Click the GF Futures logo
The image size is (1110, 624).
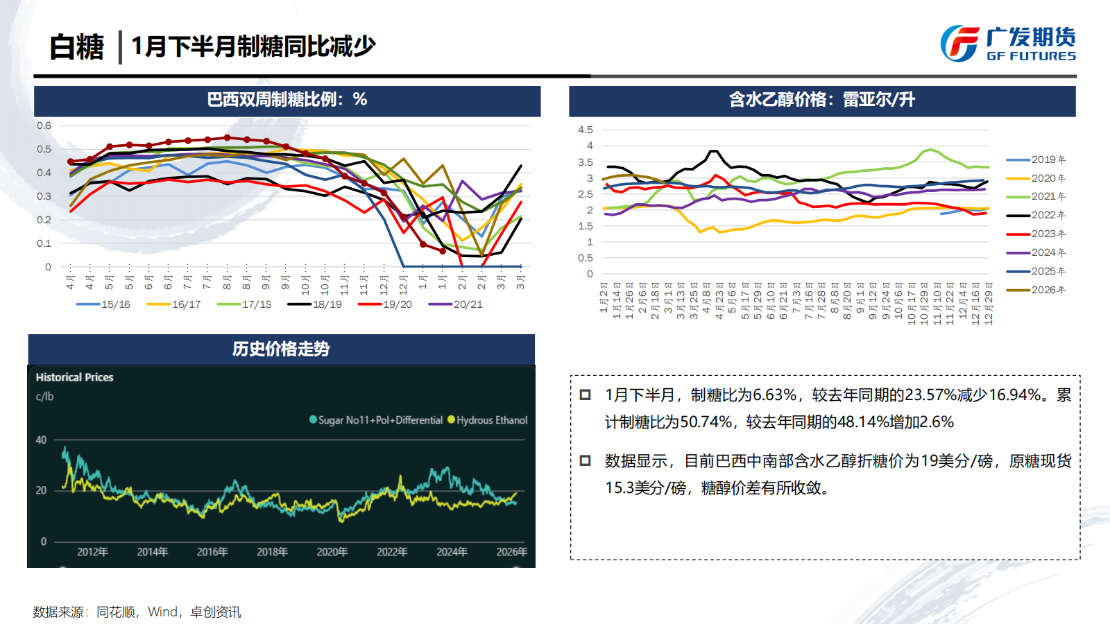coord(1007,44)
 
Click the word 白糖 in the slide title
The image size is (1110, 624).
coord(76,47)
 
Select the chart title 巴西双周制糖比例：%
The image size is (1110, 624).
coord(287,100)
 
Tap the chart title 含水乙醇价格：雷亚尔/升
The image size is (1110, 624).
coord(821,100)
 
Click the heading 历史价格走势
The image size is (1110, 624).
coord(280,349)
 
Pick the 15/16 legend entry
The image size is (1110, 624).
coord(103,304)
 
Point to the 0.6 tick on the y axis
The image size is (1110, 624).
coord(44,125)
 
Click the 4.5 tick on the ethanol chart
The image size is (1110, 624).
coord(585,130)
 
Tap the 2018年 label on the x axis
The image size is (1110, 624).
coord(272,552)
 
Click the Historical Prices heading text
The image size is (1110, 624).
coord(74,377)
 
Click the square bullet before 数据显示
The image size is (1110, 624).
coord(585,460)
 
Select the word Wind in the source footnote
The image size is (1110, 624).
coord(162,612)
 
